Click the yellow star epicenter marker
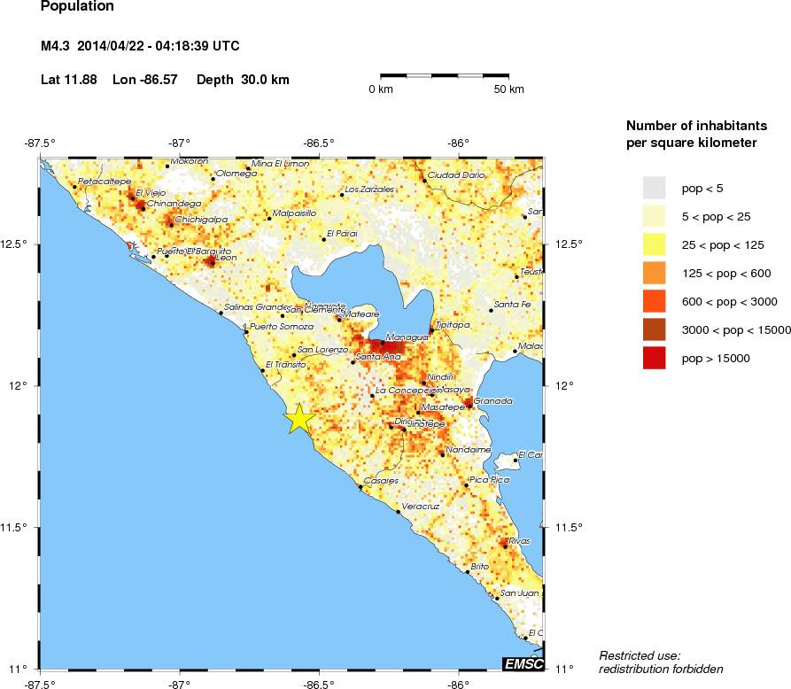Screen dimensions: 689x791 [x=299, y=418]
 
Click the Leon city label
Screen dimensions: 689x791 [x=226, y=258]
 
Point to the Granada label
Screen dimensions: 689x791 [x=493, y=401]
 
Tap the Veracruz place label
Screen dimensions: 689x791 [x=421, y=506]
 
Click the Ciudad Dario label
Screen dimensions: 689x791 [x=456, y=174]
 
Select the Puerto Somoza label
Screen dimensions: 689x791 [x=281, y=326]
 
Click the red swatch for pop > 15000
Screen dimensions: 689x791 [x=654, y=359]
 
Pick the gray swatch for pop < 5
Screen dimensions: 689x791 [x=654, y=188]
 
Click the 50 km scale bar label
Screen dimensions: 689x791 [x=508, y=89]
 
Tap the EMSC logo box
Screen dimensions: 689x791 [x=522, y=663]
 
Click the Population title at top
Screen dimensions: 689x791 [x=77, y=6]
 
